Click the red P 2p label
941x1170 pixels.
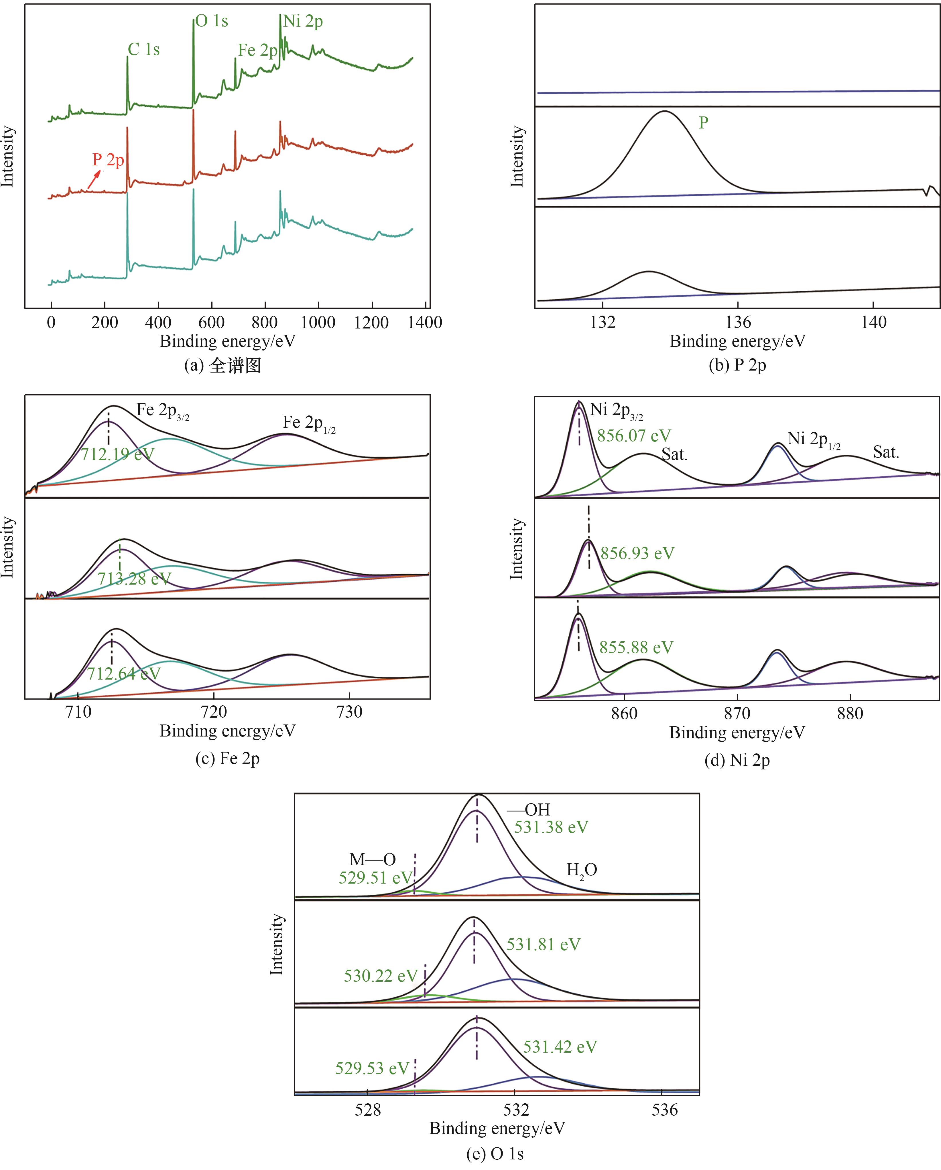108,160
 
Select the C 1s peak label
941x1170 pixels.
143,50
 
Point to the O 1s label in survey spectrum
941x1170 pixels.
212,21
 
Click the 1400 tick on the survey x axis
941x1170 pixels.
425,322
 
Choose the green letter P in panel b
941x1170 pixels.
703,123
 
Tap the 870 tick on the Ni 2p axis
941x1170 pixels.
737,713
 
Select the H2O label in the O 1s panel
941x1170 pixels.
582,870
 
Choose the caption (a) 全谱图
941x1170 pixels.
223,365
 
